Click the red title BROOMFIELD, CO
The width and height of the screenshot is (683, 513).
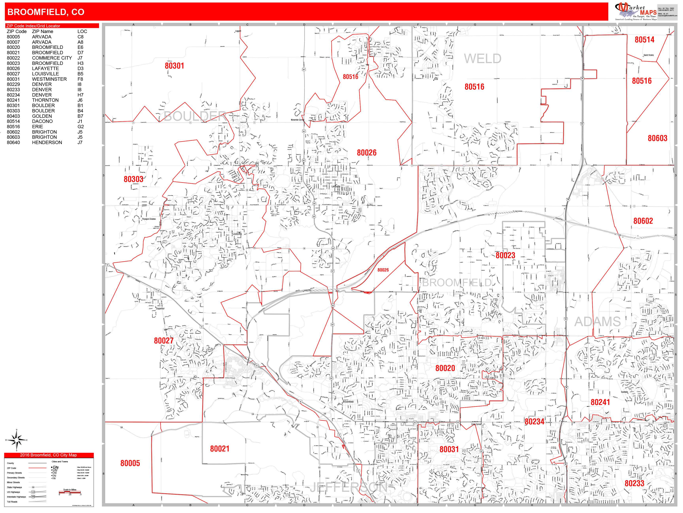[46, 12]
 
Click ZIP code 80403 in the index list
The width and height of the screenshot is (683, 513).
[13, 116]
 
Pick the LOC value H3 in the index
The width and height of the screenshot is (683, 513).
[80, 63]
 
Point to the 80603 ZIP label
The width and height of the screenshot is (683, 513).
[657, 138]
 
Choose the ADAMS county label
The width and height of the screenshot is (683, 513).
[597, 322]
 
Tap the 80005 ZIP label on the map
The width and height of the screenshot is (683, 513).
[130, 463]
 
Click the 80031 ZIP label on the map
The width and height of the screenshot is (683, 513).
[449, 449]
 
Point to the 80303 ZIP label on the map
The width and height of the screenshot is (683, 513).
[133, 179]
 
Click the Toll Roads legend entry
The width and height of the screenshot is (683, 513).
[12, 502]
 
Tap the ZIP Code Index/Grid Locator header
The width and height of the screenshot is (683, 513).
[33, 26]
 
